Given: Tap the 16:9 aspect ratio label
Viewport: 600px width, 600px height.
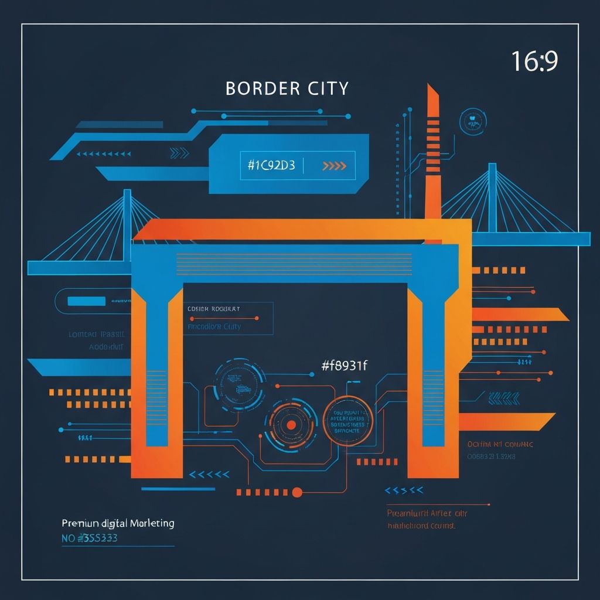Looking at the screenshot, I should point(534,61).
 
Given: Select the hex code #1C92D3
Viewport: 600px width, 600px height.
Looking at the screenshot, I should point(271,165).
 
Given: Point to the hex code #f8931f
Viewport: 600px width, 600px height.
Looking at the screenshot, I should point(344,366).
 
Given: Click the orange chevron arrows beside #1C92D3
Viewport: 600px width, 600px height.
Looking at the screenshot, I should point(335,166).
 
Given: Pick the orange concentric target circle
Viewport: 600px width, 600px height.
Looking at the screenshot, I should point(290,425).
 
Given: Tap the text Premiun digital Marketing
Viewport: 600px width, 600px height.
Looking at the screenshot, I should point(118,523).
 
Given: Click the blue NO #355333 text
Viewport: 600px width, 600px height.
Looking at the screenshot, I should point(89,537).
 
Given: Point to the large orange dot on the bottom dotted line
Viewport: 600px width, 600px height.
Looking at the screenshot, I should point(296,492).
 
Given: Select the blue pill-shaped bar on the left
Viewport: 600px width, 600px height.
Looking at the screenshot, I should point(87,301).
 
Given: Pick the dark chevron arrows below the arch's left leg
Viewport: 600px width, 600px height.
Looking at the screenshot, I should point(210,474).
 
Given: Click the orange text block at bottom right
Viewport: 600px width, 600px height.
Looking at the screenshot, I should point(428,519).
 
